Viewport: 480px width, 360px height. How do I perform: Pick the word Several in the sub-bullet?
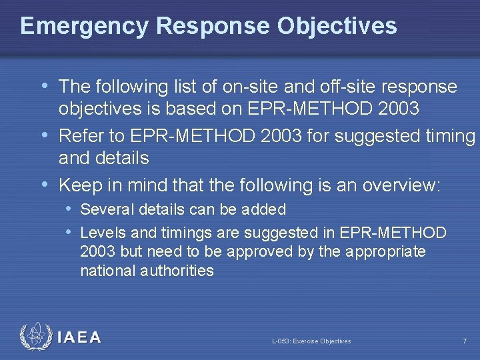pos(104,209)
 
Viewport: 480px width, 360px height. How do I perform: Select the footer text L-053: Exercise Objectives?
pos(311,341)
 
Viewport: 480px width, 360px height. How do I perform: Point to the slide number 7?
pos(465,341)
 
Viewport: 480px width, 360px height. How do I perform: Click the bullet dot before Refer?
pos(45,135)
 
